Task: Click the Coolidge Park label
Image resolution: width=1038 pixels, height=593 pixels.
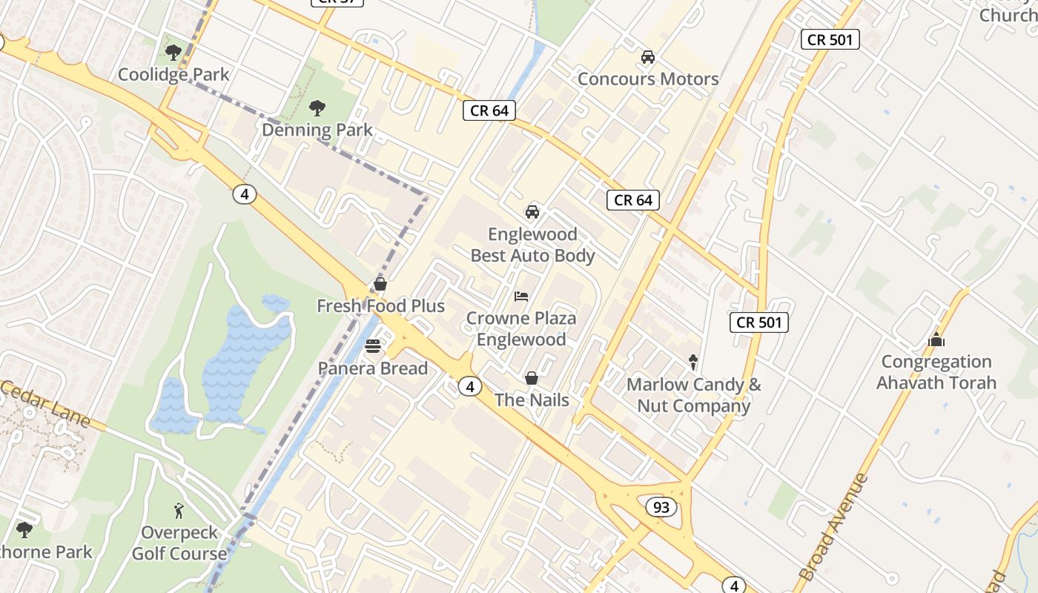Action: [173, 74]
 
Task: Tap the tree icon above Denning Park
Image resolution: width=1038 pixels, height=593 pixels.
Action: [317, 108]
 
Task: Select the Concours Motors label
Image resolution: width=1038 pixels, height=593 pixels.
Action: [648, 79]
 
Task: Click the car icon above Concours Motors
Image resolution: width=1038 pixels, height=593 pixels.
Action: [648, 57]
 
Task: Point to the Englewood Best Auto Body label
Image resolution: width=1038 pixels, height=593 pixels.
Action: [532, 245]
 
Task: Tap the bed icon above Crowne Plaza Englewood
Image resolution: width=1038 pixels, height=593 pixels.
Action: [521, 296]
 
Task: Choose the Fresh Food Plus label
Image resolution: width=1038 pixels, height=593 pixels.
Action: [380, 305]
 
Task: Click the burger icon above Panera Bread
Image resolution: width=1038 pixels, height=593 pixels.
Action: [373, 346]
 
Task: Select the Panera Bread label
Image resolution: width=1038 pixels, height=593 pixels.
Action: [373, 368]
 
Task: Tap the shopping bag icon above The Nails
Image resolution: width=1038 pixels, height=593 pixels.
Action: [532, 379]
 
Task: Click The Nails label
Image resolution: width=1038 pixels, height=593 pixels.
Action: [532, 400]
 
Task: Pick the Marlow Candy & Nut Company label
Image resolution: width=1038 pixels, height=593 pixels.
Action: [694, 395]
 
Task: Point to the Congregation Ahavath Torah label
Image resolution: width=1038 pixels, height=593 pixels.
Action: [936, 372]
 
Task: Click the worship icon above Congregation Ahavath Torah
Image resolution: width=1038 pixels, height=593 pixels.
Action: [936, 340]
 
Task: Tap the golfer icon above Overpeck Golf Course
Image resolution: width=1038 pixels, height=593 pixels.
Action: [178, 510]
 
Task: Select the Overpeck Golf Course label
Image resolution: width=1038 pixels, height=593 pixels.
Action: [179, 543]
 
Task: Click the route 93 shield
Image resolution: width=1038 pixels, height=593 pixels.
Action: [661, 507]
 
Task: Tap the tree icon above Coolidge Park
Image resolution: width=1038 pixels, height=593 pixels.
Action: [173, 53]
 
